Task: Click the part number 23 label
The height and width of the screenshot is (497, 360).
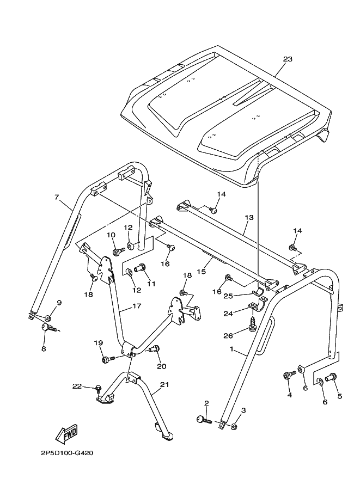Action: pyautogui.click(x=288, y=59)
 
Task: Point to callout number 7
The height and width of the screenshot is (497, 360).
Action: pyautogui.click(x=56, y=197)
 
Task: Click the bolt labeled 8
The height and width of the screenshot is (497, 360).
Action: pyautogui.click(x=48, y=328)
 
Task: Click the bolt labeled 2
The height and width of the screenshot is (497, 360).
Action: pyautogui.click(x=203, y=419)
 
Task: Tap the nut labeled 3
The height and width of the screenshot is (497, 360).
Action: pyautogui.click(x=234, y=426)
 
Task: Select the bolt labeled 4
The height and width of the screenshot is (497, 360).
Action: pyautogui.click(x=288, y=375)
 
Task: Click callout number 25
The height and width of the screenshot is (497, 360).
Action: pyautogui.click(x=228, y=296)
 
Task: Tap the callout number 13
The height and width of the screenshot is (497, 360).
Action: pyautogui.click(x=248, y=217)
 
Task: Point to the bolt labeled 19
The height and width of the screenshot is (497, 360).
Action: pyautogui.click(x=106, y=359)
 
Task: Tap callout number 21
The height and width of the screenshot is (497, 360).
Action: pyautogui.click(x=164, y=385)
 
